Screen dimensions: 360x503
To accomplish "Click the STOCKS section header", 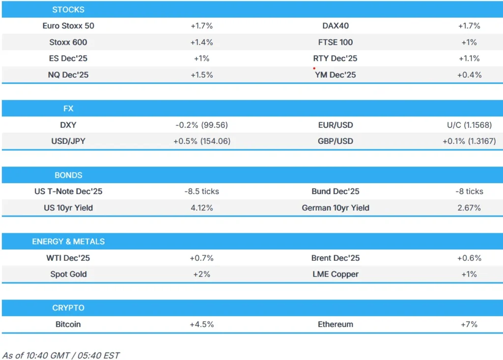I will [68, 9].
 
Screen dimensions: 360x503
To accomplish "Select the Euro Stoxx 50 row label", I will [68, 26].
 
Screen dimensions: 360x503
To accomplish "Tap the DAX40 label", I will [335, 26].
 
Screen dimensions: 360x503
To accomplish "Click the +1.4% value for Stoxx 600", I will [201, 42].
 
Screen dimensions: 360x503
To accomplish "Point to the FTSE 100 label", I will [335, 42].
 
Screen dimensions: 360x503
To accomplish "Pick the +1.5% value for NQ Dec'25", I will [201, 75].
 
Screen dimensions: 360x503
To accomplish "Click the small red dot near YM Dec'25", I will [314, 68].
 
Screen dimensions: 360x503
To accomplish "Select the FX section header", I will [68, 109].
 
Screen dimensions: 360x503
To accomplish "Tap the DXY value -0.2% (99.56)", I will [201, 125].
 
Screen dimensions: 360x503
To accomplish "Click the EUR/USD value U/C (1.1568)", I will [469, 125].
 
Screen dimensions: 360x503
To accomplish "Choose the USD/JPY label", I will [68, 141].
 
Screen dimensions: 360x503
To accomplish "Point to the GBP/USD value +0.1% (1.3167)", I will [469, 141].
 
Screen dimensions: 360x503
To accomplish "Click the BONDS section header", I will [68, 175].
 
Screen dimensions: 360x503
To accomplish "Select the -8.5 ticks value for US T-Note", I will [201, 192].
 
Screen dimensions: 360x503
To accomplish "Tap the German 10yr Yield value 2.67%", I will [469, 208].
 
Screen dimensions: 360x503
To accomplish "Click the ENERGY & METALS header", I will [68, 242].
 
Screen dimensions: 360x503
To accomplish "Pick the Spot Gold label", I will [68, 274].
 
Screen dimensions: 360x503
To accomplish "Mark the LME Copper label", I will [335, 274].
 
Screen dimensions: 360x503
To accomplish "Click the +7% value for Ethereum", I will [469, 324].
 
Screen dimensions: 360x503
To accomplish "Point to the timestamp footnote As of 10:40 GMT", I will [61, 355].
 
